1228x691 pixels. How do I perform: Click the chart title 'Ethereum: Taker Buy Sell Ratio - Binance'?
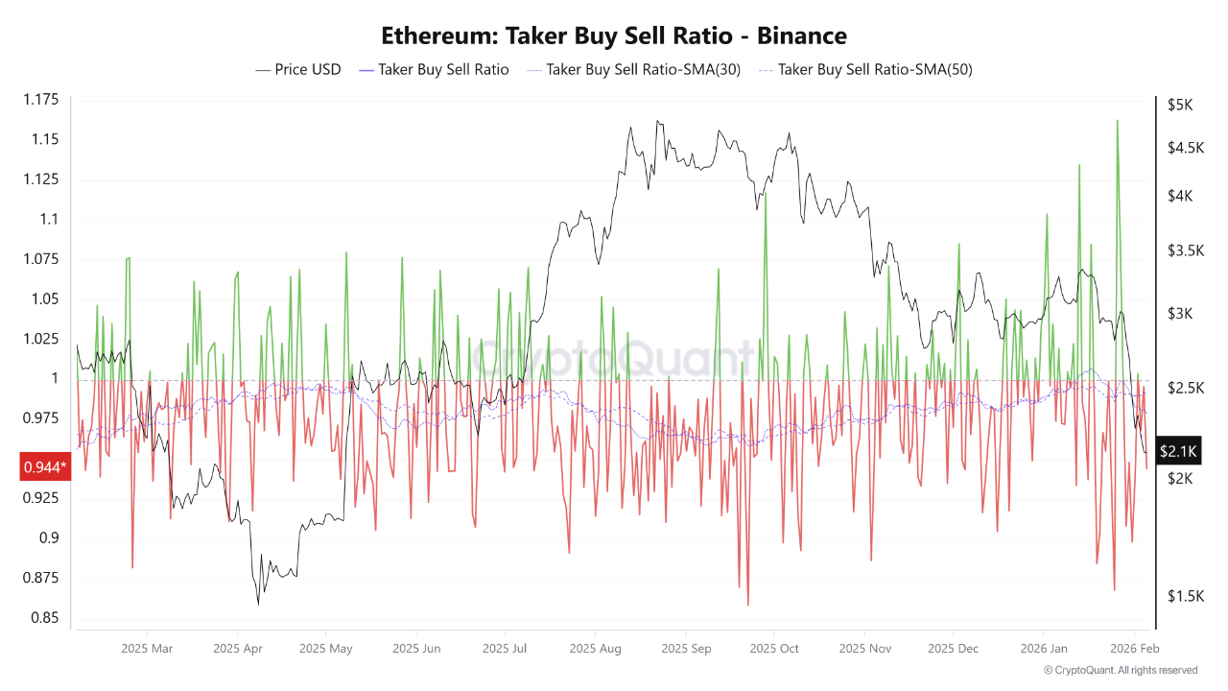(614, 36)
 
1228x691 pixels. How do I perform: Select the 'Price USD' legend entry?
(298, 69)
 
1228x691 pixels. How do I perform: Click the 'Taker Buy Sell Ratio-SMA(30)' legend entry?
(633, 69)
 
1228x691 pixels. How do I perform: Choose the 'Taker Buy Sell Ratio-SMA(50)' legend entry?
(864, 69)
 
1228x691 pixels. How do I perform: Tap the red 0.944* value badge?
(45, 467)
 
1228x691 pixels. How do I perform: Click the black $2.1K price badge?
(1177, 450)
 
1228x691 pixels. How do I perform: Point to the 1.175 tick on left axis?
(40, 100)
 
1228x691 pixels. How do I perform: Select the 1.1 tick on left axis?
(48, 219)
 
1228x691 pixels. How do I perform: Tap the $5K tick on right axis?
(1180, 105)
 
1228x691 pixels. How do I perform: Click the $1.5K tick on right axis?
(1186, 596)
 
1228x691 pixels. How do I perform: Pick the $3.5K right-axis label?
(1186, 250)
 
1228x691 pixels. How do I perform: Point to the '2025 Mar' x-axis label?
(147, 649)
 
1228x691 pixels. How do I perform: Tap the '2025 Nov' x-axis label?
(864, 649)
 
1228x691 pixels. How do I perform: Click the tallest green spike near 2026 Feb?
(1117, 121)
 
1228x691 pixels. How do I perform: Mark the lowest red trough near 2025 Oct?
(747, 605)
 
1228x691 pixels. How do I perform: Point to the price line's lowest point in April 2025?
(258, 604)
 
